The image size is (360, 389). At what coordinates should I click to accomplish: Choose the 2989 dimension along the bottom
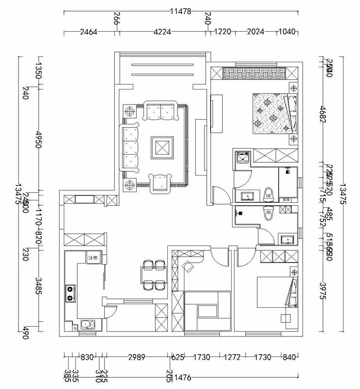point(136,357)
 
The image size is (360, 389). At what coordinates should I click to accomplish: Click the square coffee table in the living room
point(162,147)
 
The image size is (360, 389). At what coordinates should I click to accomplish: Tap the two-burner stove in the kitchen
point(71,293)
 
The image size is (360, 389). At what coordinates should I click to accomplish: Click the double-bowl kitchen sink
point(88,325)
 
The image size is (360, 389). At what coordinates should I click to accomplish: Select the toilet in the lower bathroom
point(268,212)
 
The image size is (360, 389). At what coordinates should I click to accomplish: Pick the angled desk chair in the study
point(187,266)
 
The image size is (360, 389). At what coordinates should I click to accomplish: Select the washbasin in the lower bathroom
point(287,239)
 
